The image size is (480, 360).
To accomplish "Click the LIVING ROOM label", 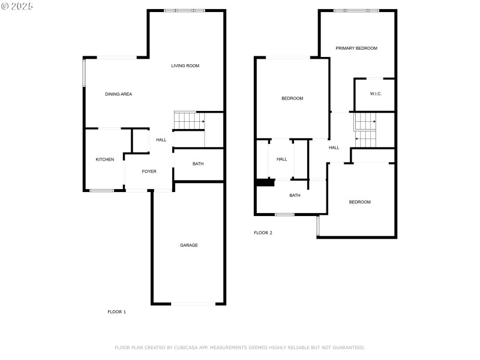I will (185, 66).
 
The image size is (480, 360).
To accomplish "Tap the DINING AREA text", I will (118, 94).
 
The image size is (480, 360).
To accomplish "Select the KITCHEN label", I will (105, 160).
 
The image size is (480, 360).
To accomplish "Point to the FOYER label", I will (149, 172).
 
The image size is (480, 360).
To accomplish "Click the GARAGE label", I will (189, 245).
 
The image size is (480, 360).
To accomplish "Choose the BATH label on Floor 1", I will (198, 164).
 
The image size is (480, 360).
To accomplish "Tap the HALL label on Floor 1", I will (161, 140).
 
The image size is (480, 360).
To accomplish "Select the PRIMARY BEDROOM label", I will (356, 48).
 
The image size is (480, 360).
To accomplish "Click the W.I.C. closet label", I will (376, 94).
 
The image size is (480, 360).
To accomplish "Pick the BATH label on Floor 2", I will (295, 195).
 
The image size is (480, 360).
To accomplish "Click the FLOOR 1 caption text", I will (116, 312).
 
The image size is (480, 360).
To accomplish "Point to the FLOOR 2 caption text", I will (263, 233).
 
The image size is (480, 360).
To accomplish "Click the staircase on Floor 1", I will (190, 121).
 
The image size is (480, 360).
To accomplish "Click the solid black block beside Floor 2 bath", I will (262, 183).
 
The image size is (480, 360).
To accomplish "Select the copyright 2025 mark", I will (17, 5).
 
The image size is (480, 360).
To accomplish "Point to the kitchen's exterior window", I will (101, 191).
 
